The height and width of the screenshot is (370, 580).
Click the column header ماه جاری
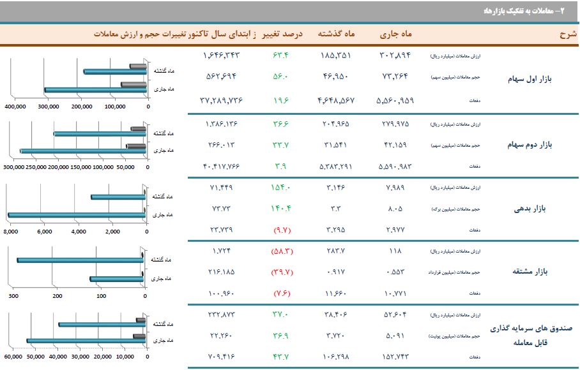[397, 33]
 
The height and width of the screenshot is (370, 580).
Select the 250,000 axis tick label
[36, 168]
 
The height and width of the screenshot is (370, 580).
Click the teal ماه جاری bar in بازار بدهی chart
[77, 215]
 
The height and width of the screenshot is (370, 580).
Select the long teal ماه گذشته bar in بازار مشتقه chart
[80, 260]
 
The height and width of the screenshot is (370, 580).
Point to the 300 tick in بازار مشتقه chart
[13, 296]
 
